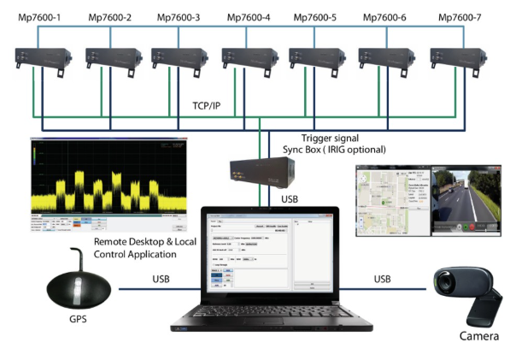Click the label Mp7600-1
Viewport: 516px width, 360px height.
pos(33,17)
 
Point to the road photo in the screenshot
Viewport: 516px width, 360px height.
pos(466,201)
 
